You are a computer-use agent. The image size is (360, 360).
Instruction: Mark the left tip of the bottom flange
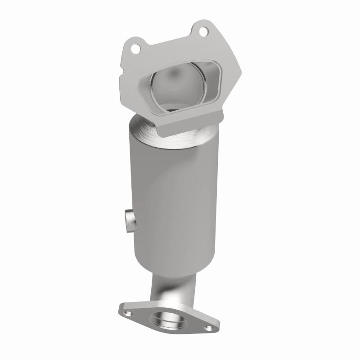120,309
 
